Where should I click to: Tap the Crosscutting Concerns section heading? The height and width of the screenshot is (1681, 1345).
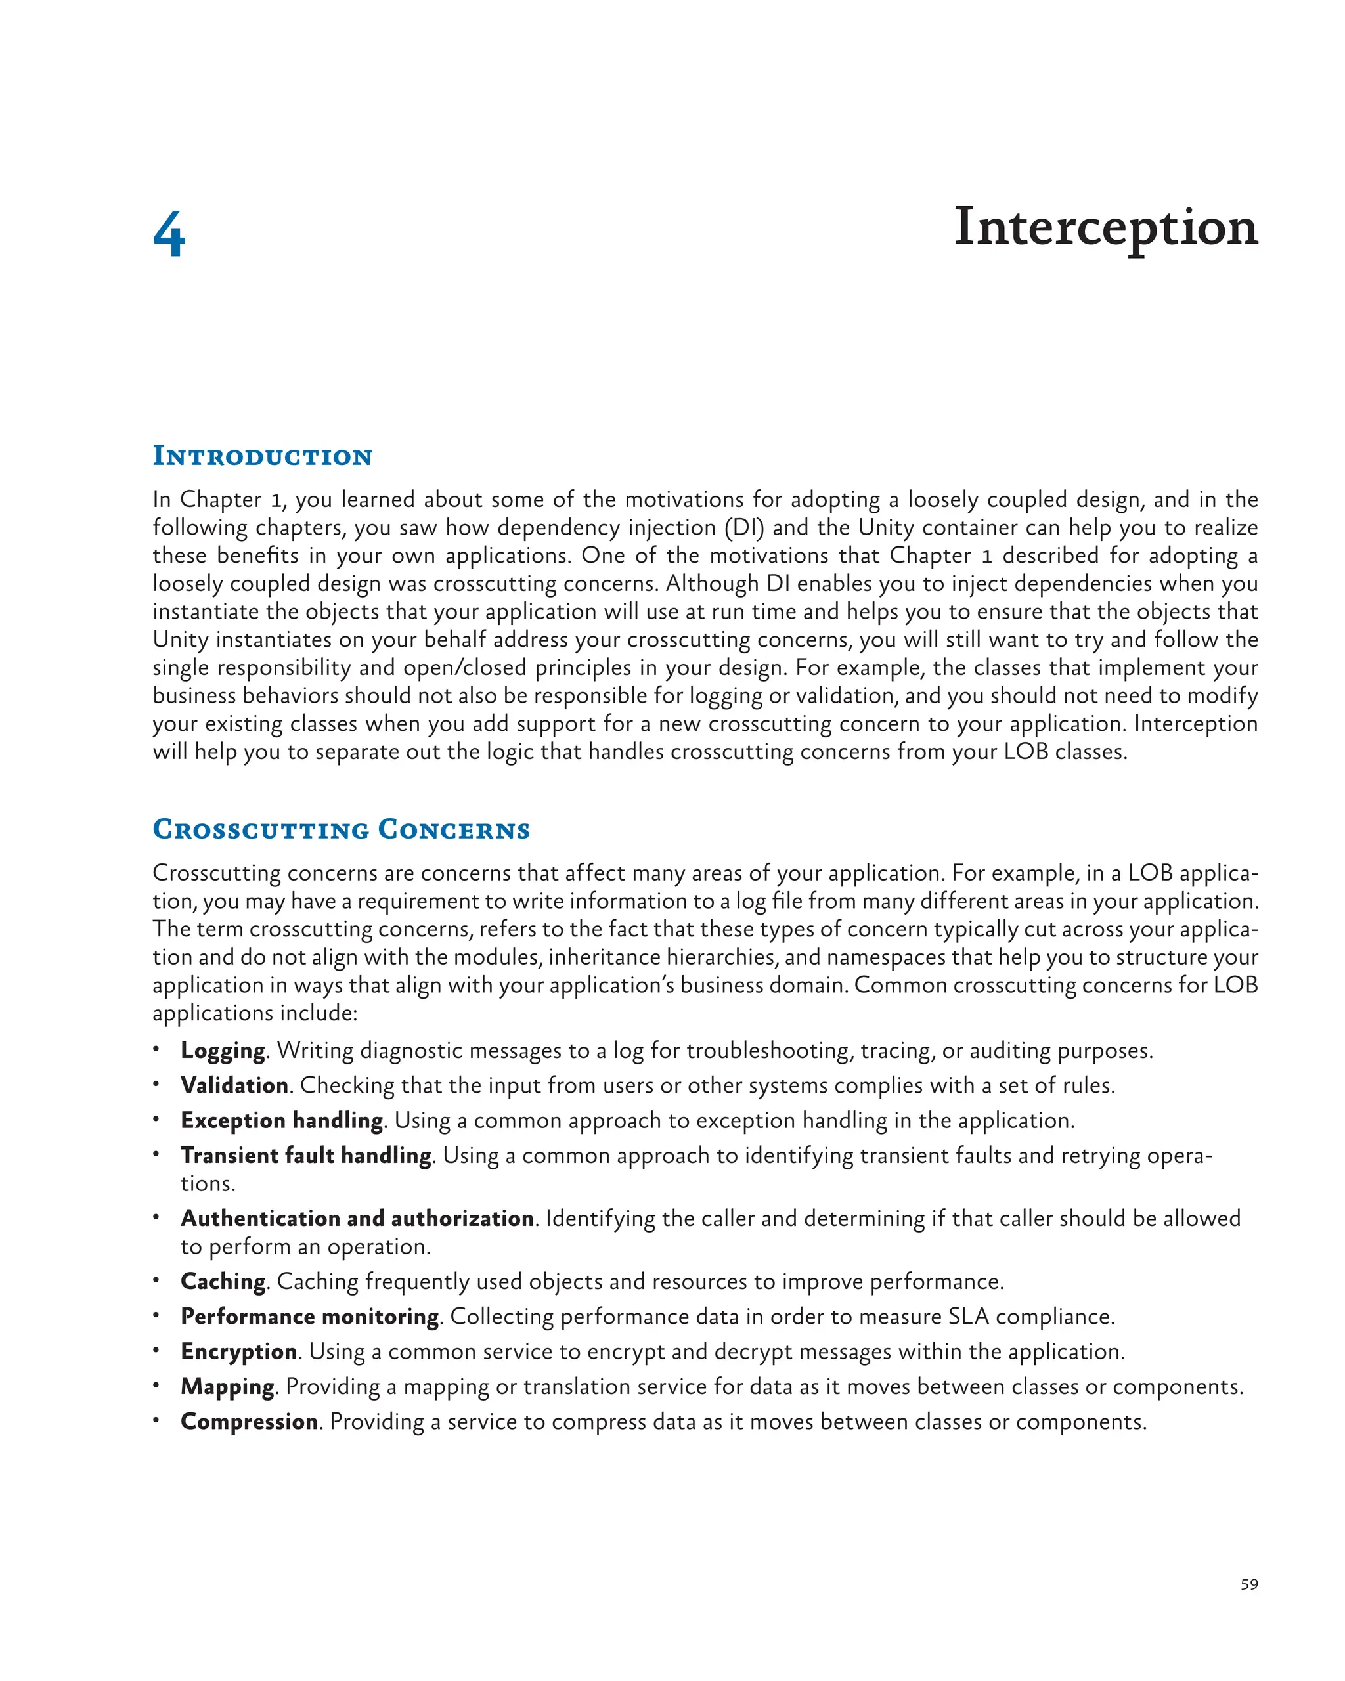(341, 829)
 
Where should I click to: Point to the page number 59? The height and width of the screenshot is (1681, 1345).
(1248, 1584)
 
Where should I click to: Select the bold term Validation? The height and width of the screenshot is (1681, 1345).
(234, 1085)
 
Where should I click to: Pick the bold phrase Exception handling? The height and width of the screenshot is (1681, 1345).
(282, 1120)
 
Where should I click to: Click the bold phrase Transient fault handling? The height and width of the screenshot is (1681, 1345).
(305, 1156)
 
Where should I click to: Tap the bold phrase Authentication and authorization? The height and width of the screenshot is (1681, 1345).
(357, 1219)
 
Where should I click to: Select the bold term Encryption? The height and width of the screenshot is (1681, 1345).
(238, 1351)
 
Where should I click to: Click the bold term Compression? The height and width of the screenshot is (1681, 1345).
(249, 1422)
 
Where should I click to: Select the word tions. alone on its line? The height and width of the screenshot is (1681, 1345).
(208, 1183)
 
